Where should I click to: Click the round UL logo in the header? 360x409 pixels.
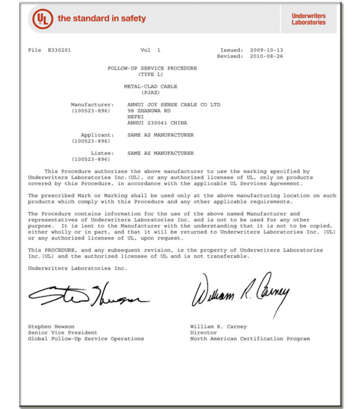(x=42, y=19)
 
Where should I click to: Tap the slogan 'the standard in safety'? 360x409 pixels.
(x=102, y=19)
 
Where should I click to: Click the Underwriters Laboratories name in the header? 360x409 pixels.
(x=308, y=19)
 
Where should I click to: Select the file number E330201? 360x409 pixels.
(x=59, y=50)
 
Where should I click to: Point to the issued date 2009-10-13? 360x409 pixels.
(x=266, y=50)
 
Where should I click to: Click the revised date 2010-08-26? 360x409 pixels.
(x=266, y=56)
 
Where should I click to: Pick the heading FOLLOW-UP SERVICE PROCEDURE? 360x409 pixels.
(x=152, y=69)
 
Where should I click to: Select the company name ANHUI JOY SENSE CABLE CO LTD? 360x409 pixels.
(x=173, y=105)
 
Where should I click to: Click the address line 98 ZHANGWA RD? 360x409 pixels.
(x=148, y=111)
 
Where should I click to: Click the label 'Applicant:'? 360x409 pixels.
(x=101, y=135)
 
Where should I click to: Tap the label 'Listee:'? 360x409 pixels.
(x=106, y=153)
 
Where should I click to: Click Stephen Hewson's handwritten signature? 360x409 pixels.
(x=87, y=296)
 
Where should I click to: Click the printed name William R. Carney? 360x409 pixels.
(x=218, y=327)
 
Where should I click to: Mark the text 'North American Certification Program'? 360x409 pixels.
(x=250, y=339)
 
